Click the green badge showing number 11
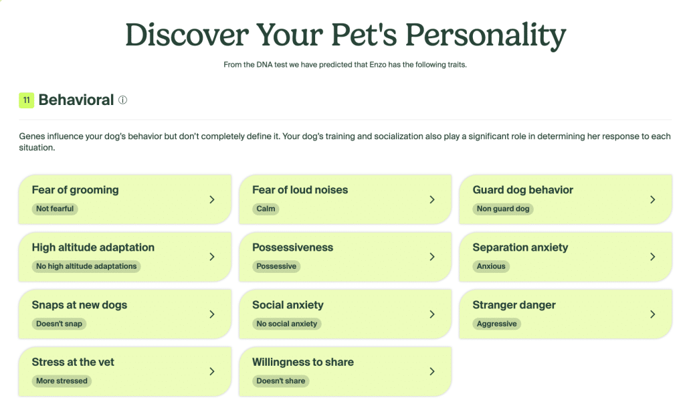pos(27,100)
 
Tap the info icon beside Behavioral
pos(122,100)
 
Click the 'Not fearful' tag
pos(55,209)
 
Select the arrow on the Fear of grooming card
pos(211,199)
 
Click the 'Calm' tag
pos(266,209)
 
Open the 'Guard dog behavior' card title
pos(522,190)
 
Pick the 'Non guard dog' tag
pos(503,209)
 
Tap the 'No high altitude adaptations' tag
pos(86,266)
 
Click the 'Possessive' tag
pos(276,266)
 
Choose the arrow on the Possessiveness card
pos(432,257)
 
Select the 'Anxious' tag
pos(491,266)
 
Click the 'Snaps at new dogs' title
pos(79,305)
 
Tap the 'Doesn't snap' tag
pos(60,324)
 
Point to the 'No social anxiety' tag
pos(286,324)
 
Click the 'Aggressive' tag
pos(496,324)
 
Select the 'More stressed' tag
pos(62,381)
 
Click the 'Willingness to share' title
pos(302,363)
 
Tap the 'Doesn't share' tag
pos(280,381)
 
